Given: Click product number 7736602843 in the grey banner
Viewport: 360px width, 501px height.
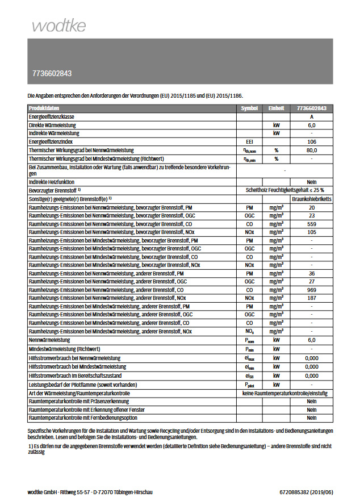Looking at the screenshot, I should tap(52, 74).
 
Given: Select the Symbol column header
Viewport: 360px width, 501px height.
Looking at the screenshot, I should tap(249, 108).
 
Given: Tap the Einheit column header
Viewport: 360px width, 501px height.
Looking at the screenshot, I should tap(277, 108).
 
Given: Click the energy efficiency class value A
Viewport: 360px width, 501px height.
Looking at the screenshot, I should tap(312, 116).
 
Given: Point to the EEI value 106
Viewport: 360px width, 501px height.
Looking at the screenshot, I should tap(312, 141).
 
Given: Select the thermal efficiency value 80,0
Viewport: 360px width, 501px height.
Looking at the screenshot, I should tap(312, 150).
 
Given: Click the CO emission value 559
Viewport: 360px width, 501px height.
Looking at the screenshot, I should tap(312, 224).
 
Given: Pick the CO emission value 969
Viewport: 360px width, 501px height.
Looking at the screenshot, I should tap(312, 290).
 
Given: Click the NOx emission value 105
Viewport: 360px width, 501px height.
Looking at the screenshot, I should tap(312, 232).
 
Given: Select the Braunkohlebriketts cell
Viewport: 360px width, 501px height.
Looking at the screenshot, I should tap(312, 199).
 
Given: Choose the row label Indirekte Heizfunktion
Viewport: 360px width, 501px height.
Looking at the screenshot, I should tap(52, 182).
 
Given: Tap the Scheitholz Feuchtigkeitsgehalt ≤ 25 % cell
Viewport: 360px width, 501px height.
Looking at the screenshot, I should tap(285, 190).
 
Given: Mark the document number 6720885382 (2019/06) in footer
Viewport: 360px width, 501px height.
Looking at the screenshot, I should tap(306, 492).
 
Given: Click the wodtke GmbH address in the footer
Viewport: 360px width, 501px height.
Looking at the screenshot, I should tap(90, 492).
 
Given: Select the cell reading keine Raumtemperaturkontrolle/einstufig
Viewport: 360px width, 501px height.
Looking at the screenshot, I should tap(285, 393).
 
